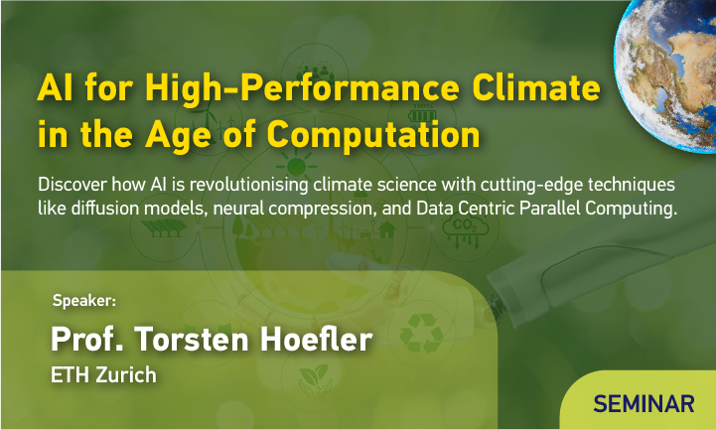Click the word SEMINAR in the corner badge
tap(644, 404)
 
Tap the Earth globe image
tap(666, 75)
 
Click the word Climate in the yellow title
tap(536, 87)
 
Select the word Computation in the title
tap(373, 135)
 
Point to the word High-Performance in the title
tap(302, 88)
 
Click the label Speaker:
tap(84, 300)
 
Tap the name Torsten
tap(192, 340)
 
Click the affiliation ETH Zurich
tap(103, 375)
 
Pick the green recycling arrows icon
tap(421, 333)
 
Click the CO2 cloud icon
tap(465, 230)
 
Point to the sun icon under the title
tap(296, 166)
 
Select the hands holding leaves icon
tap(314, 379)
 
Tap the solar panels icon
tap(163, 227)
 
